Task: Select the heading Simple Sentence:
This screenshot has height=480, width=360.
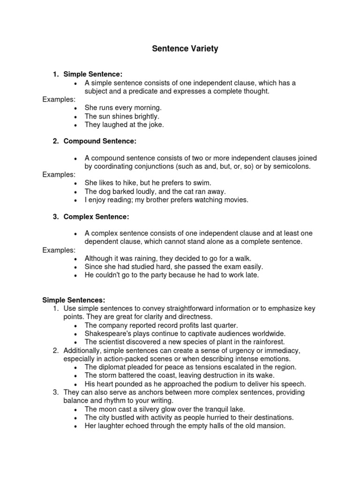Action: [93, 74]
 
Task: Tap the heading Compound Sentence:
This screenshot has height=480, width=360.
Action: [100, 141]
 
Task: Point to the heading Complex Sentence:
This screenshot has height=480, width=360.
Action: [96, 217]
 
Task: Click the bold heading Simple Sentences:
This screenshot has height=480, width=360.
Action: [74, 300]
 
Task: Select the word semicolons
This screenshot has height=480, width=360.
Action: [290, 166]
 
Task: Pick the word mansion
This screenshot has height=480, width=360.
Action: [271, 426]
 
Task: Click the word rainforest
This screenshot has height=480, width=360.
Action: [264, 342]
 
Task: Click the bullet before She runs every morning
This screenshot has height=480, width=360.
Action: [75, 108]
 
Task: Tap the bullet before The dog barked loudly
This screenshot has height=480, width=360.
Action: [75, 192]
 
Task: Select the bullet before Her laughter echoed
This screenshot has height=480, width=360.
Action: [75, 426]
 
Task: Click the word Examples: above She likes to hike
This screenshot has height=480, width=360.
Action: [59, 174]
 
